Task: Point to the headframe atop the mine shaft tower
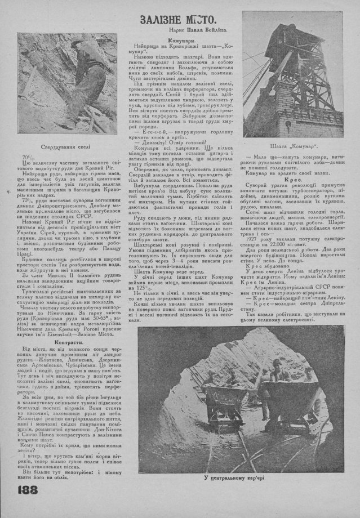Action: [290, 31]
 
